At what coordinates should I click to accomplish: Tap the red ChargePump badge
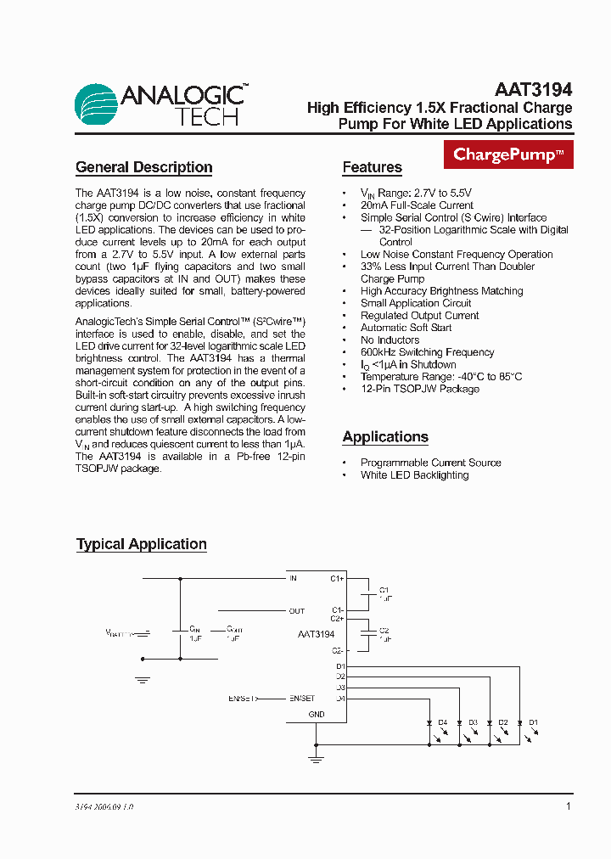(508, 154)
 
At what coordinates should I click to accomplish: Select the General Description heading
(143, 167)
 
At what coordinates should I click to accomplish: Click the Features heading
(372, 167)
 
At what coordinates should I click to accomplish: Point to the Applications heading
(385, 437)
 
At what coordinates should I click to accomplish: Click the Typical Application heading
(141, 544)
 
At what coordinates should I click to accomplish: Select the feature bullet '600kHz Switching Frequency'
(427, 352)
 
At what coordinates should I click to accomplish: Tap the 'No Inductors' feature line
(390, 340)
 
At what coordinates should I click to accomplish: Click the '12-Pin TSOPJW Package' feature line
(419, 389)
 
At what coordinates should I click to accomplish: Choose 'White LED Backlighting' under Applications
(414, 475)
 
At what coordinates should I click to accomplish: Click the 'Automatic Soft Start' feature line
(406, 328)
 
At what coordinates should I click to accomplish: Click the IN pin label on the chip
(293, 579)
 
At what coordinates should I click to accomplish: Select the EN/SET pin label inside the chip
(301, 698)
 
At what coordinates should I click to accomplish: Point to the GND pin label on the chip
(316, 715)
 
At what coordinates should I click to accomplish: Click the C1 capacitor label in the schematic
(384, 589)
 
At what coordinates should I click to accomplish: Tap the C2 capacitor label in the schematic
(384, 631)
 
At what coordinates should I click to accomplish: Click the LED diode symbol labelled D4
(429, 723)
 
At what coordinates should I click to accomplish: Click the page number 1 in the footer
(568, 806)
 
